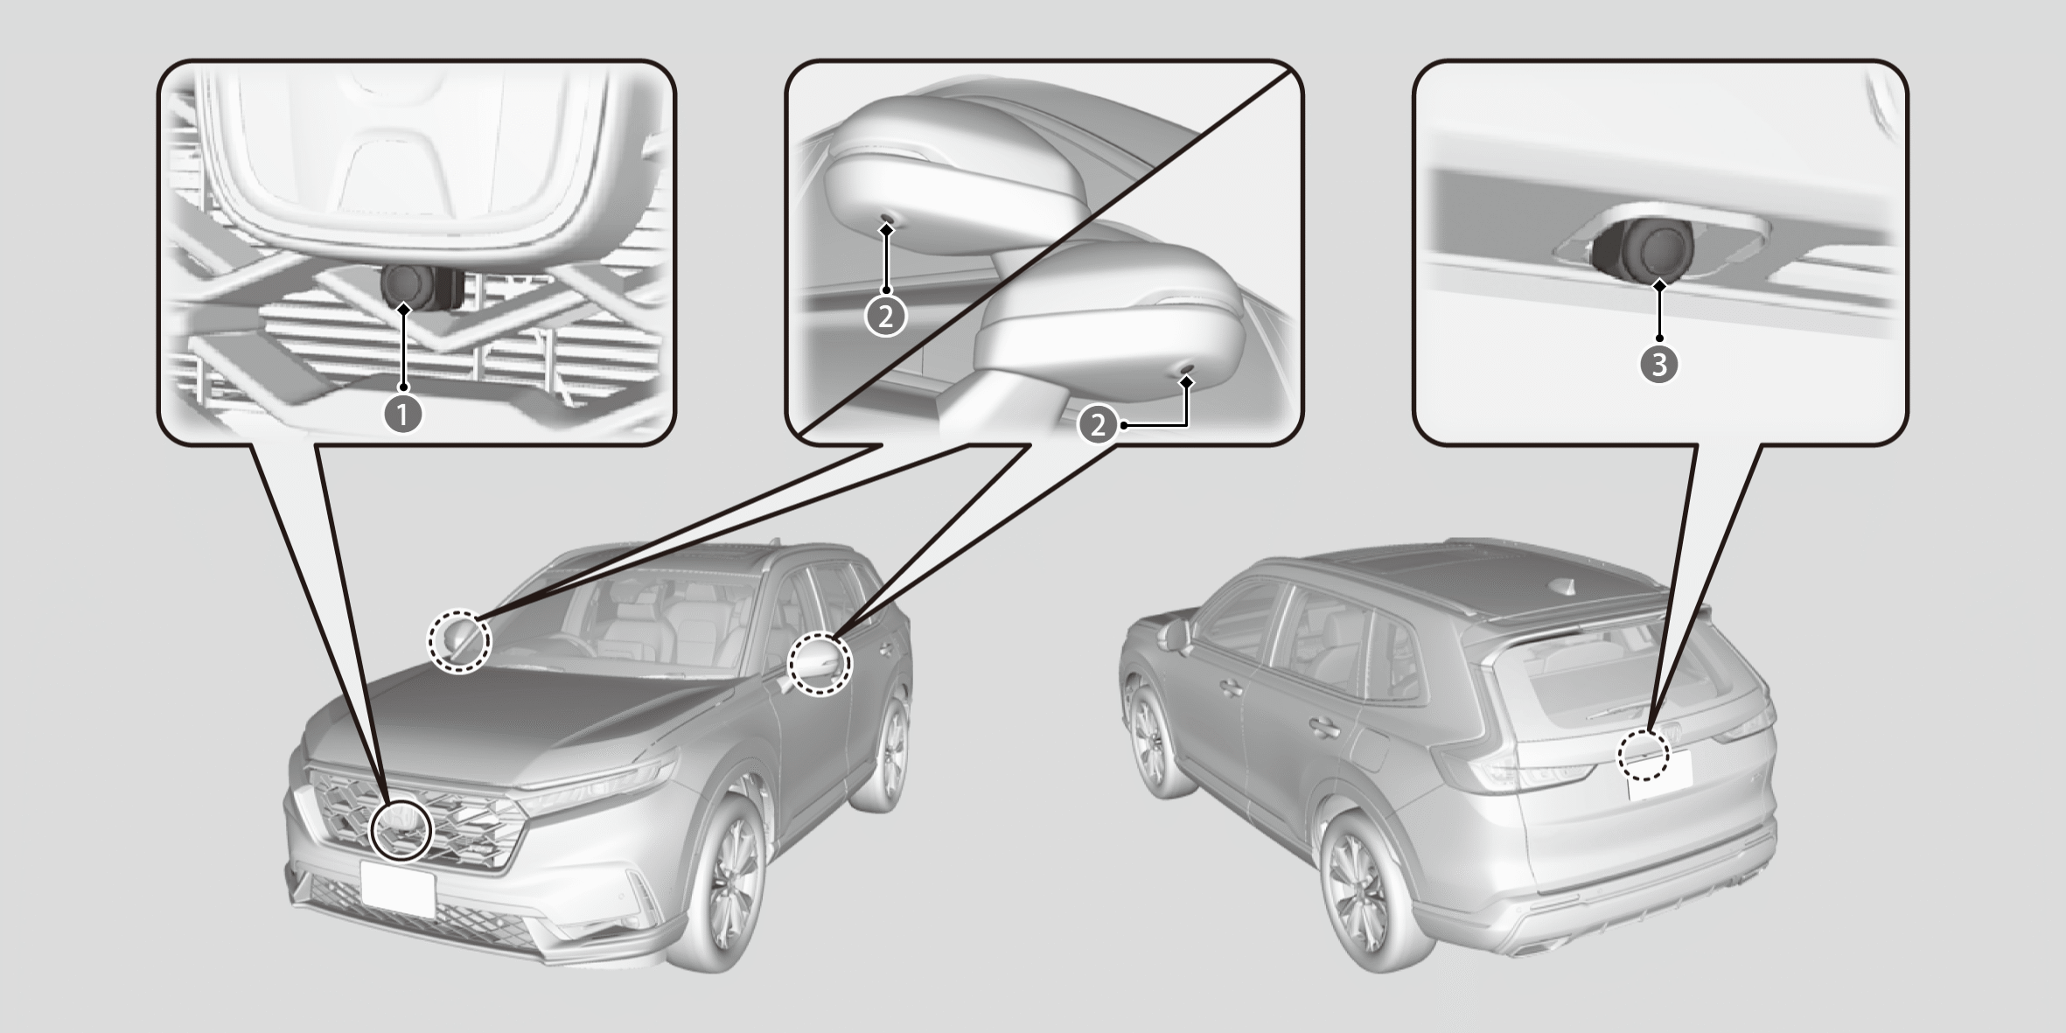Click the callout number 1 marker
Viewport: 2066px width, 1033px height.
[x=403, y=415]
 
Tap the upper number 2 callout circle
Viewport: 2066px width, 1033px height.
[x=886, y=318]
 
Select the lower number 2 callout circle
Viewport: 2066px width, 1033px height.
[x=1098, y=426]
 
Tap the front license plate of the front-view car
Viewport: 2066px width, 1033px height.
[x=398, y=888]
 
